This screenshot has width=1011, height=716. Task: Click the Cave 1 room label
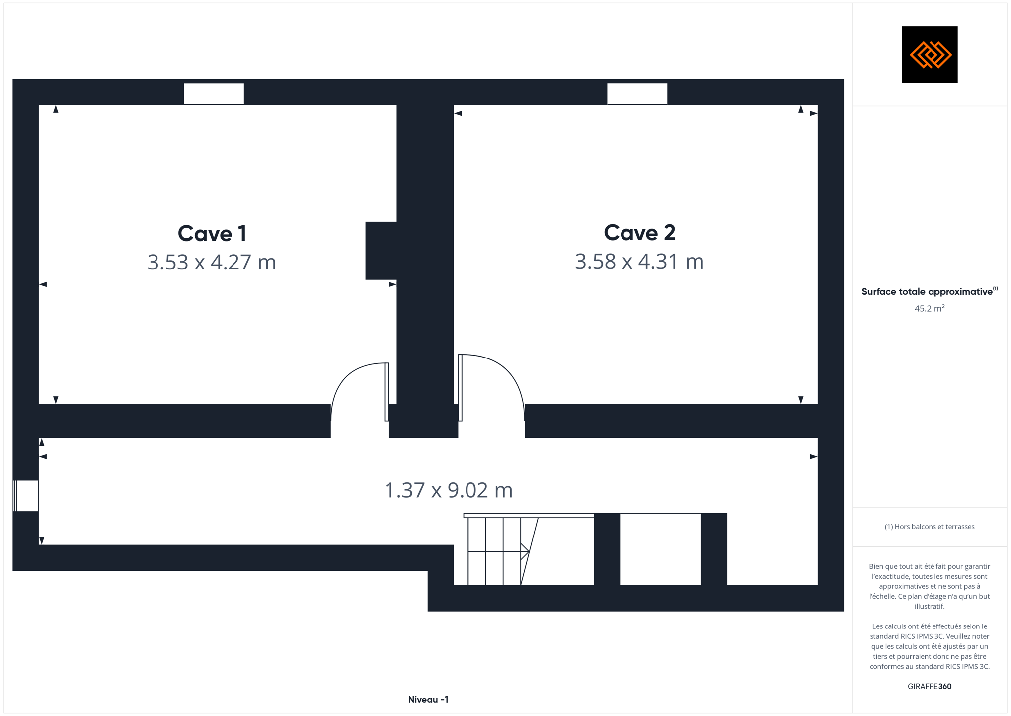212,234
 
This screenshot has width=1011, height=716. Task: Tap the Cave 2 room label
639,233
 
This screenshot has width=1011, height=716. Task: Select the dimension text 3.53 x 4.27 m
212,262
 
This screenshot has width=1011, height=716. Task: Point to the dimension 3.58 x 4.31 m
639,261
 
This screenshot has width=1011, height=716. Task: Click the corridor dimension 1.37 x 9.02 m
449,490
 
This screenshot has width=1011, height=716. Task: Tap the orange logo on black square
930,55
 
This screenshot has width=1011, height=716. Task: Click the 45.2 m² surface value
930,308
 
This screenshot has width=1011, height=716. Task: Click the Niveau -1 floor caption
428,700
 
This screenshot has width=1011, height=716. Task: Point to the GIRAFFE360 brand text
930,687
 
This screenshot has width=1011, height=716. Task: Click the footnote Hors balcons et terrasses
930,527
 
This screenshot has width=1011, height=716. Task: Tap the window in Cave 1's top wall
214,93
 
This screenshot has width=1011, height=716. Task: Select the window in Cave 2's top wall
637,93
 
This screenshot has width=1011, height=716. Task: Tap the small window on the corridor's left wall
26,496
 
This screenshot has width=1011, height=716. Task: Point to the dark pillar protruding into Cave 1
381,251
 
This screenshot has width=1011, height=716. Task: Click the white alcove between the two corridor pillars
660,549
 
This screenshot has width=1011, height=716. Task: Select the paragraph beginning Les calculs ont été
930,646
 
